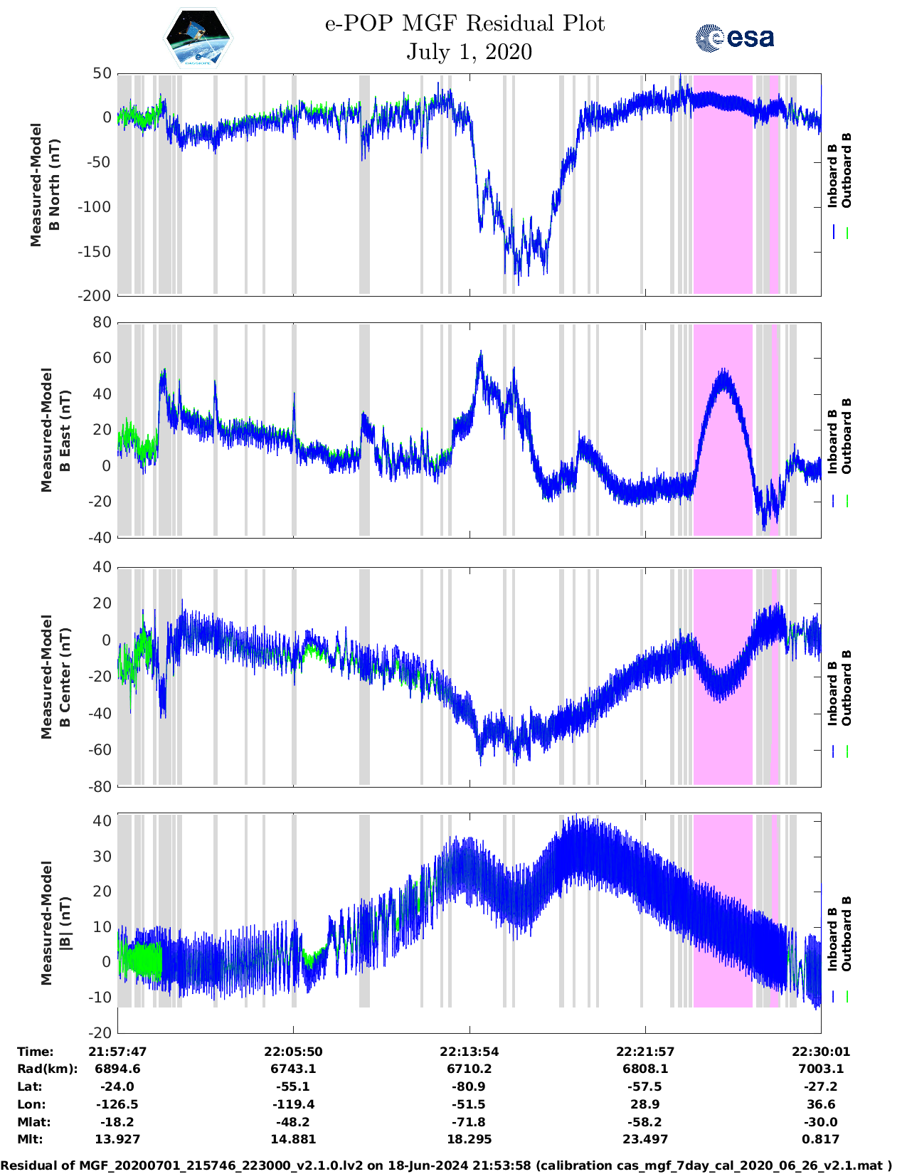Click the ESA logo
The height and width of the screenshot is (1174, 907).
pos(734,38)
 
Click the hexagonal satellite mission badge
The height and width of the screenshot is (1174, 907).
pos(198,38)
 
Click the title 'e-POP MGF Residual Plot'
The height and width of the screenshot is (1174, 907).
pos(465,23)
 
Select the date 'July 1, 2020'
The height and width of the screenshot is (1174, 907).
pos(469,52)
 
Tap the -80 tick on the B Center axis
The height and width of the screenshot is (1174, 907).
pos(100,786)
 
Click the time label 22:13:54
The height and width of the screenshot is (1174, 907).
pos(469,1052)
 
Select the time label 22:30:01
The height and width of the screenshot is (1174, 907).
pos(821,1052)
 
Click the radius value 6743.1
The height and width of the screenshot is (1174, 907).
pos(293,1069)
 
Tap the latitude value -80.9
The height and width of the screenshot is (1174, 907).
pos(469,1086)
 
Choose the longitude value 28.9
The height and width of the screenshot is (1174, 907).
pos(645,1104)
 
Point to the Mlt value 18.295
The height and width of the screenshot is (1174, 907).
pos(469,1139)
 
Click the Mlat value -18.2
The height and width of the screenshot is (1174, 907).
pos(117,1122)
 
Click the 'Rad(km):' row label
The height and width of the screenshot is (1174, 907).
pos(48,1069)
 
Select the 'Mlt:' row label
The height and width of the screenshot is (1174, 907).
pos(30,1139)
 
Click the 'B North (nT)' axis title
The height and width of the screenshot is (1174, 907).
pos(54,185)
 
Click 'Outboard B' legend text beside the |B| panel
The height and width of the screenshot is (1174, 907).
pos(847,934)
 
